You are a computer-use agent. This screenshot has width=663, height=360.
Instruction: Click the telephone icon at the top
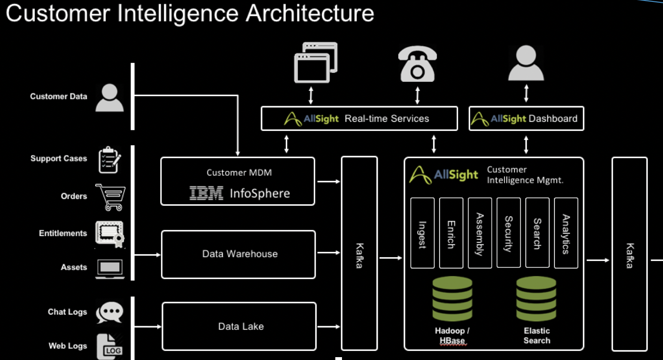pos(417,65)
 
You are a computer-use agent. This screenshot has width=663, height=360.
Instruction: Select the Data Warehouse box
pos(239,254)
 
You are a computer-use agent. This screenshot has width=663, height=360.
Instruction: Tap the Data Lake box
pos(239,326)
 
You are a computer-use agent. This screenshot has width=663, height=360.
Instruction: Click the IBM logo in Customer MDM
pos(206,193)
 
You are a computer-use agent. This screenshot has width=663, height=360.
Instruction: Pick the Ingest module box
pos(422,233)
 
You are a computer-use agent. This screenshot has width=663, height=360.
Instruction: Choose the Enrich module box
pos(451,233)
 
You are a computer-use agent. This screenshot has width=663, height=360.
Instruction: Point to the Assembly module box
pos(480,233)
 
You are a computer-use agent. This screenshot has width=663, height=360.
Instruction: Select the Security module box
pos(509,233)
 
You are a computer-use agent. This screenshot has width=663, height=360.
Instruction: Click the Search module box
pos(537,233)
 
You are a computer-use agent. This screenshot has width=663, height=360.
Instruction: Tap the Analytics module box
pos(566,233)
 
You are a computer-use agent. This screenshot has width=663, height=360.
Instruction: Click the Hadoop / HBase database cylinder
pos(452,299)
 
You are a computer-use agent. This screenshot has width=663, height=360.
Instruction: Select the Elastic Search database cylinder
pos(536,299)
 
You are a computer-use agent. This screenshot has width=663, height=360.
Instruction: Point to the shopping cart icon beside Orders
pos(110,197)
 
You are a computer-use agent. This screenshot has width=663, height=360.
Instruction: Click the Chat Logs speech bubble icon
pos(110,312)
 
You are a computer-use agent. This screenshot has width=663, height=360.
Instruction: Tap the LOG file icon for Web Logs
pos(110,346)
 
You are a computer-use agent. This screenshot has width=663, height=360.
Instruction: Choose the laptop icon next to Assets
pos(110,269)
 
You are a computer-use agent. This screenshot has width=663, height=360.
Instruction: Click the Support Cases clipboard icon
pos(110,160)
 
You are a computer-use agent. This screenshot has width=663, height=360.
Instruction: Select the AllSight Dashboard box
pos(526,119)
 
